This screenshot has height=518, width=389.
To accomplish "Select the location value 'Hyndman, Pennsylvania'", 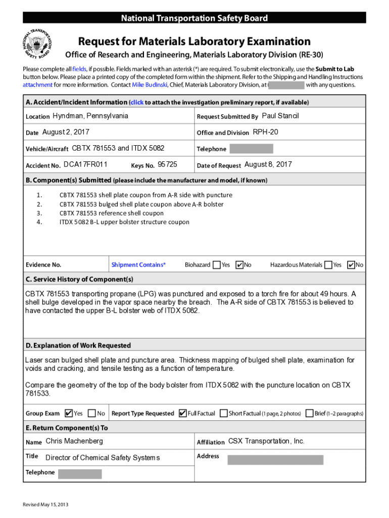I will click(90, 116).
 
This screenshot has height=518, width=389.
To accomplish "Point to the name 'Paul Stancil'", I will click(280, 116).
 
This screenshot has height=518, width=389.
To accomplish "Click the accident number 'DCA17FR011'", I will click(85, 164).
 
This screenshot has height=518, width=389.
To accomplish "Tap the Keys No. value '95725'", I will click(167, 164).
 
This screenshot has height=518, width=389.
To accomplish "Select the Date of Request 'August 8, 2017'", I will click(268, 164).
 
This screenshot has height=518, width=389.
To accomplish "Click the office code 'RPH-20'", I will click(265, 132).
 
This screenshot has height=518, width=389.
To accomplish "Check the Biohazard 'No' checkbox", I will click(240, 265).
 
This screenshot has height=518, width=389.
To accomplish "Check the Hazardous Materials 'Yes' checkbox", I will click(329, 265).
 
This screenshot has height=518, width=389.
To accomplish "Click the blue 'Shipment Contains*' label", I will click(138, 265).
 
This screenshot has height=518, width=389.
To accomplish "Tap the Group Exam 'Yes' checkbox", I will click(69, 413).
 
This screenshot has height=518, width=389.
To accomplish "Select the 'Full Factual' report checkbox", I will click(183, 413).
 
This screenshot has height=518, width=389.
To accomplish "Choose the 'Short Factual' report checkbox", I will click(224, 413).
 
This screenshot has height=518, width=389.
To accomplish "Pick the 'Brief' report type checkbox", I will click(309, 413).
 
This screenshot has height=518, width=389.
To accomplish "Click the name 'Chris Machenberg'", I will click(74, 441).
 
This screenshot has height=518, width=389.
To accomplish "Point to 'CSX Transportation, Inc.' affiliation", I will click(266, 441).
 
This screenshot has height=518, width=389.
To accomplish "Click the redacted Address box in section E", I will click(275, 460).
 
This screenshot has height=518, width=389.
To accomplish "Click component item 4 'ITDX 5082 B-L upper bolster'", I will click(124, 222).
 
